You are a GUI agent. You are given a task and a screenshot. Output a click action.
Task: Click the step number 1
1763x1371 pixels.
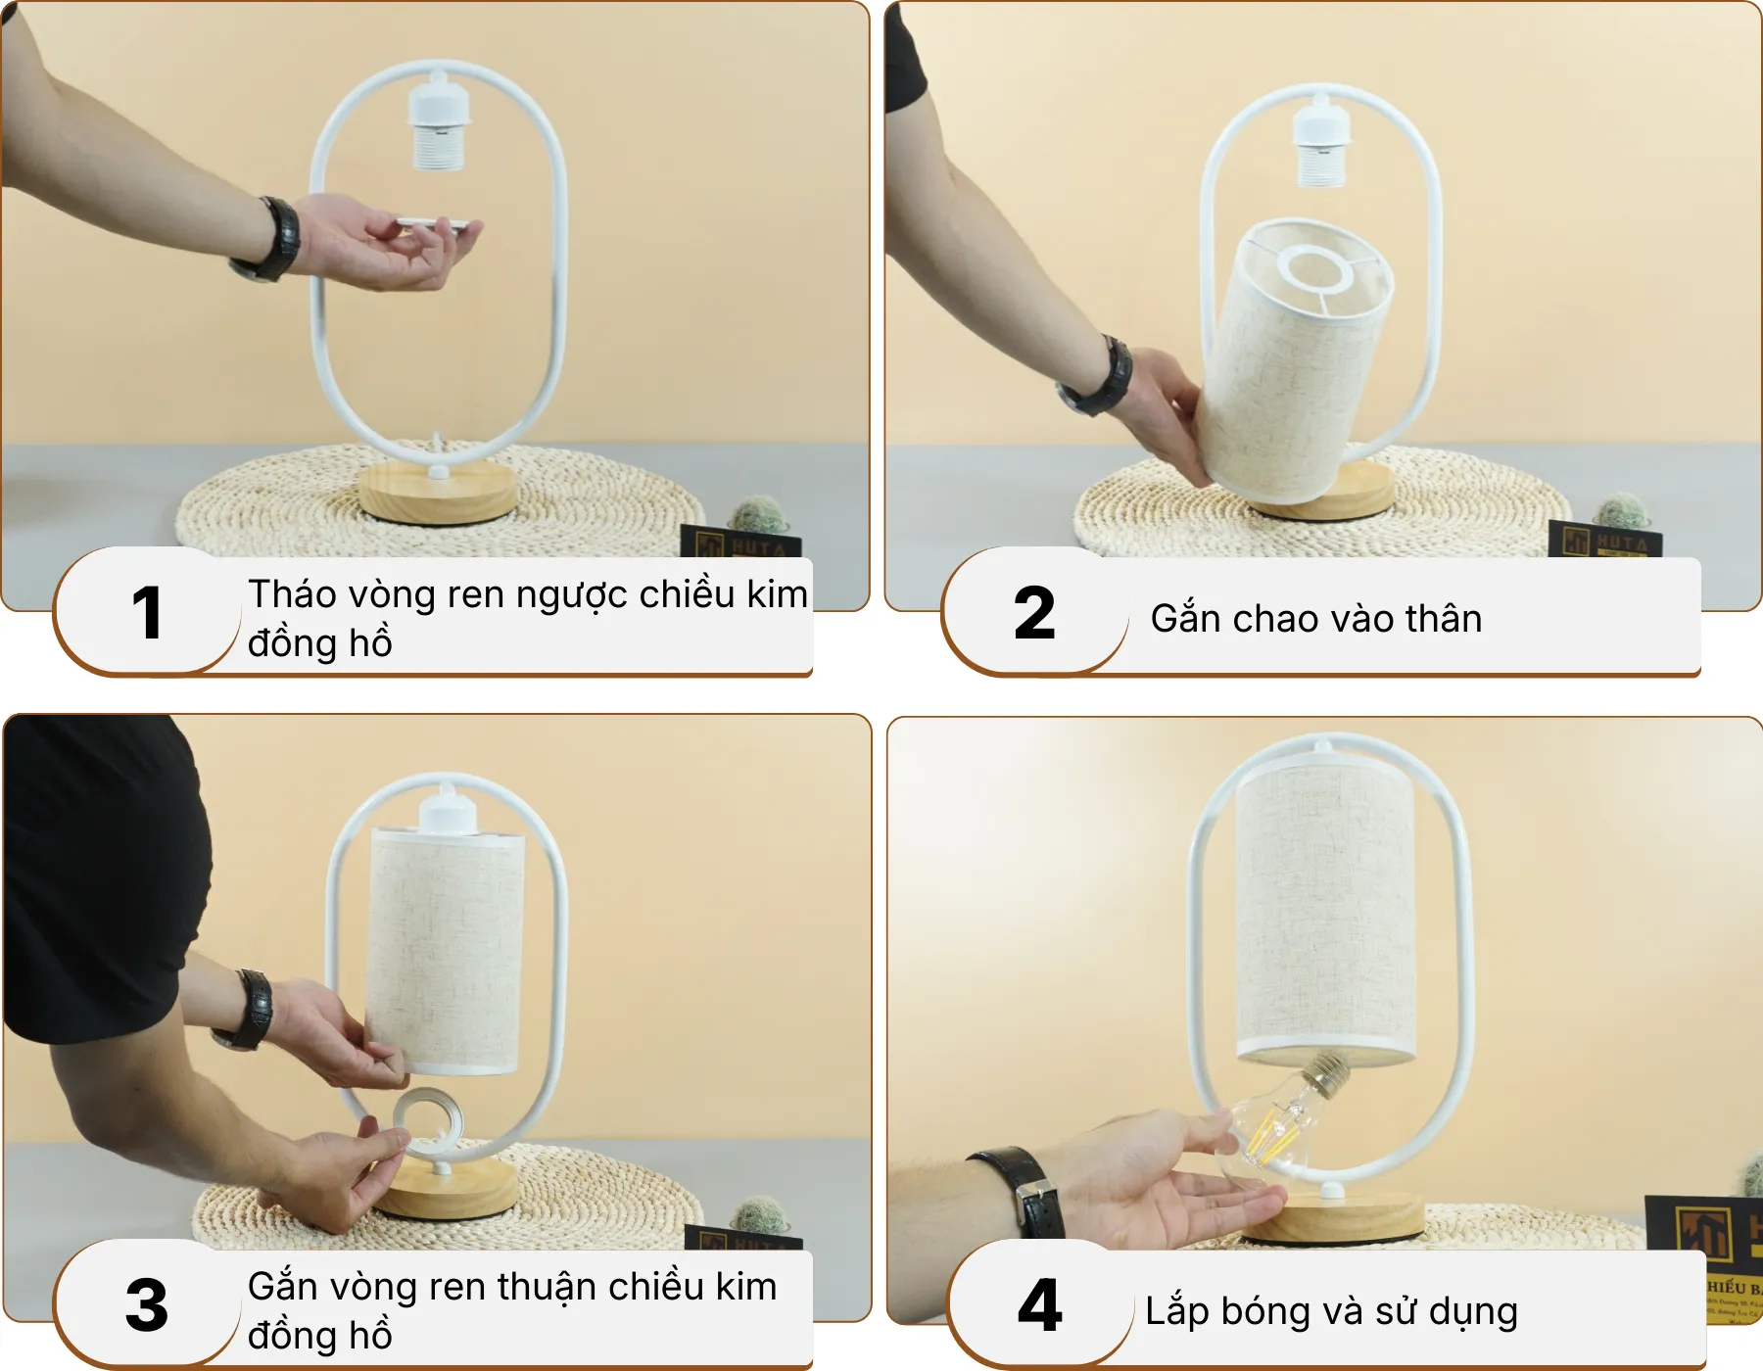pyautogui.click(x=146, y=614)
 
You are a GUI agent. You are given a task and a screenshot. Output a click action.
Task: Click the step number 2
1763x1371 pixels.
pyautogui.click(x=1034, y=614)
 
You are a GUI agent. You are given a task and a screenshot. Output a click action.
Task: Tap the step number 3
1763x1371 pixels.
pyautogui.click(x=146, y=1305)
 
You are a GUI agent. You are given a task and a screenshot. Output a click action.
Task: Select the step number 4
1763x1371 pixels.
pyautogui.click(x=1039, y=1305)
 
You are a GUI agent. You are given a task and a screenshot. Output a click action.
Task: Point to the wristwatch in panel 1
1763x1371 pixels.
pyautogui.click(x=274, y=238)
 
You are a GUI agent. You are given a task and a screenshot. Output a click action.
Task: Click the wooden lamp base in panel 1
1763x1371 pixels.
pyautogui.click(x=437, y=495)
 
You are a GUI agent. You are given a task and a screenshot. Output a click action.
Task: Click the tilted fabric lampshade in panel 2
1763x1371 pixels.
pyautogui.click(x=1293, y=362)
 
